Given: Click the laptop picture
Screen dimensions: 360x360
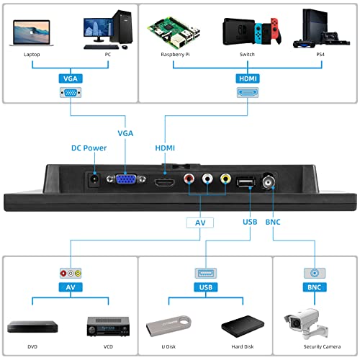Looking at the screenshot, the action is (32, 33).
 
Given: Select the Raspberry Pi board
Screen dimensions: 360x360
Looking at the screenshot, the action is (174, 32).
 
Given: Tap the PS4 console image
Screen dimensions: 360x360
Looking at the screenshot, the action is (321, 29).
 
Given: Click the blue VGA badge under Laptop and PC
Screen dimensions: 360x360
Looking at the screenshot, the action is (71, 78).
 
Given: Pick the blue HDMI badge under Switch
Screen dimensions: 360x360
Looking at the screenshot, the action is (248, 78).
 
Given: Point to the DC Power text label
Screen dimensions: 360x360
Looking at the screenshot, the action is (89, 148).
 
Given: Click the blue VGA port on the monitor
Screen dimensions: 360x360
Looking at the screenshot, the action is (126, 179).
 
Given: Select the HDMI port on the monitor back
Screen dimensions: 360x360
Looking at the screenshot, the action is (165, 183).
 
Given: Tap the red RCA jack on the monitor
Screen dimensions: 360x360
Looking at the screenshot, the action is (189, 179).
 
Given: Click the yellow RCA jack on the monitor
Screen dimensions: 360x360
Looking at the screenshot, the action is (225, 179).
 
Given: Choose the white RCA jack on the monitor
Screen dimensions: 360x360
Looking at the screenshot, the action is (207, 179).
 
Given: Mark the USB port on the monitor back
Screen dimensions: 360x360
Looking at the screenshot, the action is (246, 182).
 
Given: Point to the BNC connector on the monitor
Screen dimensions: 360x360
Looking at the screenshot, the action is (269, 181).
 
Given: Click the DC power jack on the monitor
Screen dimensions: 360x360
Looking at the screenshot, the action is (94, 180).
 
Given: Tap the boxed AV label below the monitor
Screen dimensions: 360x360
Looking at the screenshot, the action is (200, 222).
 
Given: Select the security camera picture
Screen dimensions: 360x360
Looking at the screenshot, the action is (306, 324).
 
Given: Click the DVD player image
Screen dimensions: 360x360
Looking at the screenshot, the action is (32, 327).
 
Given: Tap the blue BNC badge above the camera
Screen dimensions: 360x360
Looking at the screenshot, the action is (315, 287).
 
